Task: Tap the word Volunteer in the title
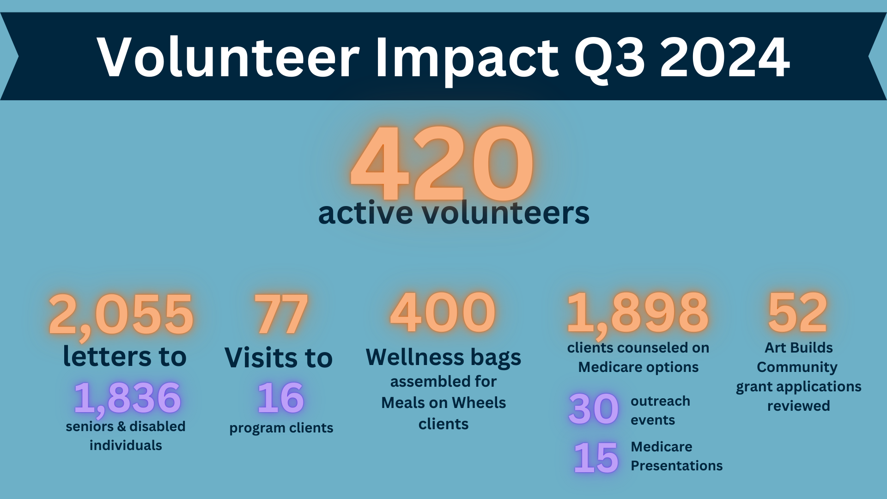(x=228, y=57)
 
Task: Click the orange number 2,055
(x=121, y=315)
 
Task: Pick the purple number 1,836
(x=128, y=398)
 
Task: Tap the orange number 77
(x=281, y=314)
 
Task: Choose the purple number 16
(x=281, y=398)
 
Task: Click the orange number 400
(x=443, y=313)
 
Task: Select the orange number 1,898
(x=638, y=314)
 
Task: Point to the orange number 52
(x=798, y=313)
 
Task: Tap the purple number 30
(x=594, y=409)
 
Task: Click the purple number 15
(x=596, y=457)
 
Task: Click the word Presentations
(x=677, y=465)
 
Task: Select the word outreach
(x=661, y=401)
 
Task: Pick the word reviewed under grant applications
(x=799, y=406)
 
